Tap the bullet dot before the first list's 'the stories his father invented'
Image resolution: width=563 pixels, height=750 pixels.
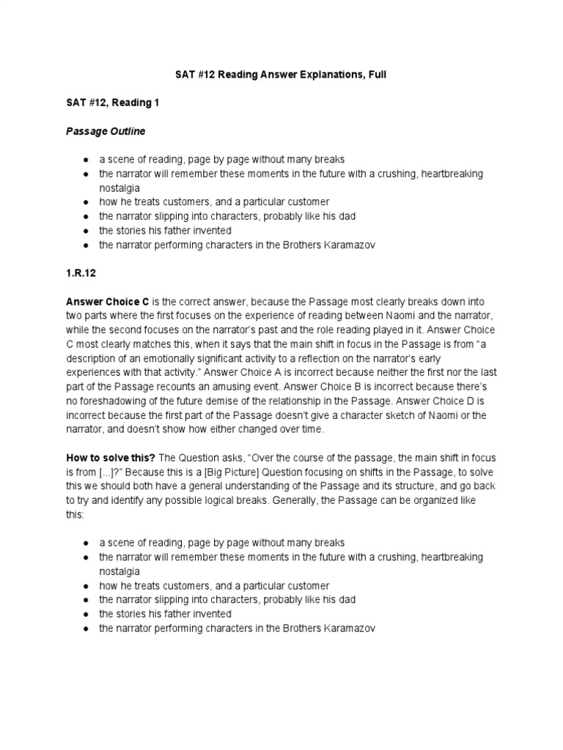[x=87, y=231]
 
